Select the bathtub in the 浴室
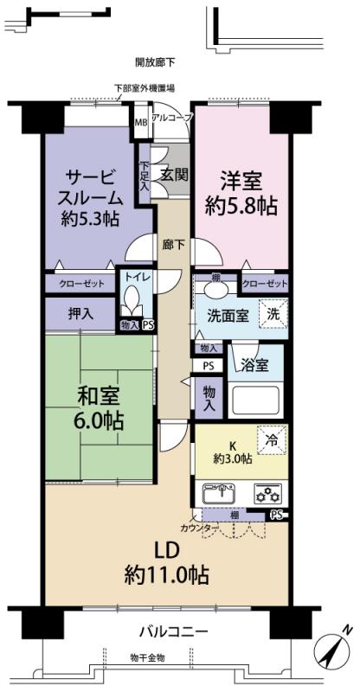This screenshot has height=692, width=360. click(x=254, y=400)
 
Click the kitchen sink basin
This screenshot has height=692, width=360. click(x=221, y=493)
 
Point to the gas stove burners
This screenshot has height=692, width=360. click(x=267, y=493)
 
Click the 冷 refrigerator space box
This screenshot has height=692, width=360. click(x=272, y=439)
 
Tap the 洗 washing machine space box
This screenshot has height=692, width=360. click(x=273, y=314)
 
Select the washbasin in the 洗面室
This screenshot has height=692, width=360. click(x=215, y=290)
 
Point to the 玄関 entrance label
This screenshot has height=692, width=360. click(x=175, y=175)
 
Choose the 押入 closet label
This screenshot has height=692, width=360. click(x=80, y=313)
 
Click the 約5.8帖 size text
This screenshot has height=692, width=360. click(x=241, y=206)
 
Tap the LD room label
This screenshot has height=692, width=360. click(x=166, y=551)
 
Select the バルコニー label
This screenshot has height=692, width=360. click(x=174, y=632)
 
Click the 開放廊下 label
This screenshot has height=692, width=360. click(x=155, y=62)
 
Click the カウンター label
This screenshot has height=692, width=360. click(x=200, y=528)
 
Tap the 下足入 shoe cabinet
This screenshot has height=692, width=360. click(x=145, y=175)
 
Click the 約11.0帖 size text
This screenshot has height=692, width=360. click(x=166, y=575)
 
